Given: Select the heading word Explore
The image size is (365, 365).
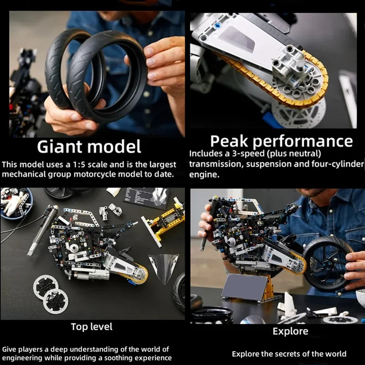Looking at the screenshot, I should (290, 331).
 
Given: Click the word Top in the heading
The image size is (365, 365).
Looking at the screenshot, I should (78, 327).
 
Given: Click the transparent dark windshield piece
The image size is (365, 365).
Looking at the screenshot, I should (163, 268).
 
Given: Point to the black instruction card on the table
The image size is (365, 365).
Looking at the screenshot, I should (147, 197).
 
